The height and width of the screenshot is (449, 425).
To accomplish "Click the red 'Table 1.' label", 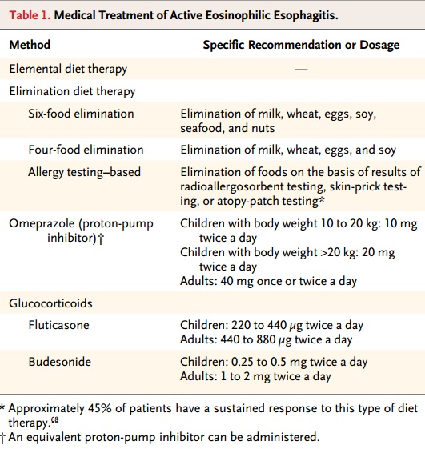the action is pyautogui.click(x=30, y=15).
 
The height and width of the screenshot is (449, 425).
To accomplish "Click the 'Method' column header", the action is pyautogui.click(x=30, y=45).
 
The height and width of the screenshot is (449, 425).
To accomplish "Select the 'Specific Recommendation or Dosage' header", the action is pyautogui.click(x=301, y=45).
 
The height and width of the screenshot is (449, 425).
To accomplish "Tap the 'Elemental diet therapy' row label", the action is pyautogui.click(x=68, y=69).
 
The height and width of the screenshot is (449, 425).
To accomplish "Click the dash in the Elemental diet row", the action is pyautogui.click(x=301, y=70).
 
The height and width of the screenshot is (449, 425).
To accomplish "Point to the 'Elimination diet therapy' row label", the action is pyautogui.click(x=72, y=91).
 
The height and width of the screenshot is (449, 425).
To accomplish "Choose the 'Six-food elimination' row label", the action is pyautogui.click(x=81, y=114).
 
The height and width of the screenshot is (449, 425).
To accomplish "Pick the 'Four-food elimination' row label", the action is pyautogui.click(x=86, y=150).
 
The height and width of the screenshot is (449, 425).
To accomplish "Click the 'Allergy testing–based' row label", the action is pyautogui.click(x=85, y=172).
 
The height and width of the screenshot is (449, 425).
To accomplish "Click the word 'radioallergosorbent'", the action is pyautogui.click(x=232, y=186).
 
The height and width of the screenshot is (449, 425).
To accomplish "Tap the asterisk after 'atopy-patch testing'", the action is pyautogui.click(x=322, y=198).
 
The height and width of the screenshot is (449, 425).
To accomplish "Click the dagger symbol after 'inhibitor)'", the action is pyautogui.click(x=101, y=239).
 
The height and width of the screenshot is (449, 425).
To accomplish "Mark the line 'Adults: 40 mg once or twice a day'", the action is pyautogui.click(x=268, y=281).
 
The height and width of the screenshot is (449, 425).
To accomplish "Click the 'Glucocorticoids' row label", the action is pyautogui.click(x=50, y=303).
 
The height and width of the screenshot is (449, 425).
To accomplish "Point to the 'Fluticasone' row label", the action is pyautogui.click(x=58, y=325).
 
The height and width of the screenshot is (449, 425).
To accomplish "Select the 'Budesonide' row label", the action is pyautogui.click(x=59, y=362).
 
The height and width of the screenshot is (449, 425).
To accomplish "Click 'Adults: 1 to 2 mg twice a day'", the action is pyautogui.click(x=255, y=376).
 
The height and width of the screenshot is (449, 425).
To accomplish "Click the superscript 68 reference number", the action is pyautogui.click(x=54, y=420).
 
